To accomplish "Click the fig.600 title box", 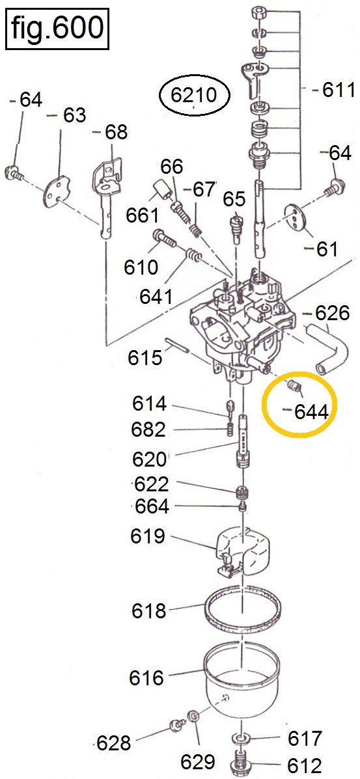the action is click(57, 29).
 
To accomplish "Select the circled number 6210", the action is click(195, 95).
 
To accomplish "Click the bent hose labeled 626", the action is click(322, 346).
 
